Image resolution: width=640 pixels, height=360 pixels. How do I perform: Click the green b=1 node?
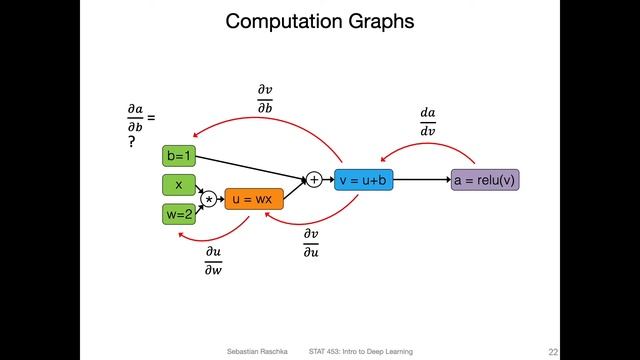[x=179, y=155]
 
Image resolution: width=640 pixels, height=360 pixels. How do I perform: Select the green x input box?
[x=179, y=185]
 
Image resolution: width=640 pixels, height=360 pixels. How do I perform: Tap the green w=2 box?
[x=179, y=213]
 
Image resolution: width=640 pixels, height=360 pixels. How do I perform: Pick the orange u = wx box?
[x=254, y=200]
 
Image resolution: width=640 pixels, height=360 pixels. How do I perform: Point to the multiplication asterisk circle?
[x=209, y=200]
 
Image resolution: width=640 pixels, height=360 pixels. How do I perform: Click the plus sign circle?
[x=314, y=180]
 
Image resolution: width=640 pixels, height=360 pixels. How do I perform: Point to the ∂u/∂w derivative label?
[x=213, y=262]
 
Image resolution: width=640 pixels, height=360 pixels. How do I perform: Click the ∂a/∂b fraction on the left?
[x=135, y=118]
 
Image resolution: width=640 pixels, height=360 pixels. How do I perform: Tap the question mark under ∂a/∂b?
[x=131, y=143]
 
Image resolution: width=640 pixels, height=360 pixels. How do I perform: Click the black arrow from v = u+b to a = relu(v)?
[x=417, y=180]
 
